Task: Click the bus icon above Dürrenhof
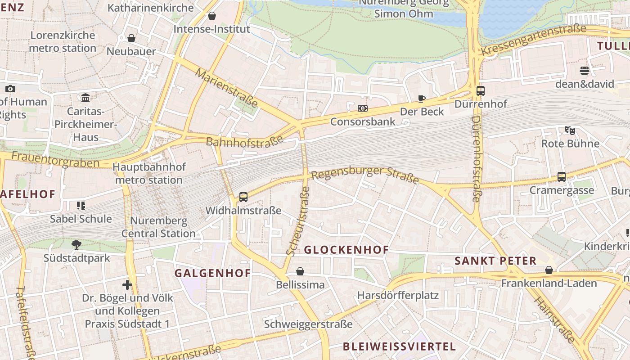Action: (x=481, y=91)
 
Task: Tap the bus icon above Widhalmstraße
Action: (x=243, y=197)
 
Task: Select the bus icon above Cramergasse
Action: (x=562, y=176)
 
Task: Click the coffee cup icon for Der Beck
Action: (x=422, y=99)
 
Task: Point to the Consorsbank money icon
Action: (x=363, y=108)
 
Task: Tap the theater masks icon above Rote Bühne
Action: (x=570, y=130)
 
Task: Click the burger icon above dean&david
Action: (x=585, y=71)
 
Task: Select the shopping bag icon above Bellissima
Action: (x=300, y=271)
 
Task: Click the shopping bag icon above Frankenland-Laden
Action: (x=549, y=270)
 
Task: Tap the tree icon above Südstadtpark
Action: (x=76, y=244)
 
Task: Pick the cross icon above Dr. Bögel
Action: (x=127, y=284)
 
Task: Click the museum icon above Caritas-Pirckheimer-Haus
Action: (x=85, y=98)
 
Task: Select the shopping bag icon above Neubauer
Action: (x=131, y=38)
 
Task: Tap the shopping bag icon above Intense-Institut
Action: (x=212, y=16)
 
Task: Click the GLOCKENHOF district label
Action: (x=346, y=250)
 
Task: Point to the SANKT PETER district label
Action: (x=495, y=261)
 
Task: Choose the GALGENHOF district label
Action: (x=212, y=273)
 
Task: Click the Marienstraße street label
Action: (x=227, y=88)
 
